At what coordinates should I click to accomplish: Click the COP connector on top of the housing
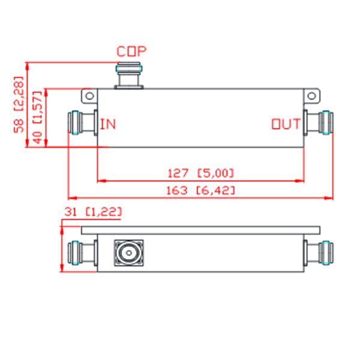(x=130, y=76)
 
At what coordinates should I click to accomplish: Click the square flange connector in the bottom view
(x=127, y=253)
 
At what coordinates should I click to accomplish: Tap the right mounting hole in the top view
(x=312, y=96)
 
